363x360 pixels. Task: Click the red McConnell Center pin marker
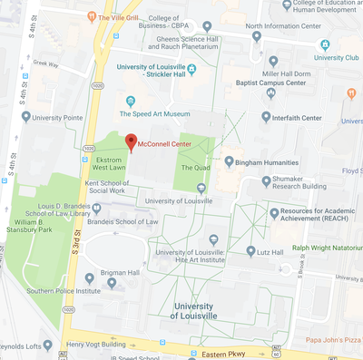coord(131,141)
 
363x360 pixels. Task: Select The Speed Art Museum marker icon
coord(131,101)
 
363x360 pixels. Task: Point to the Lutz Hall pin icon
coord(250,251)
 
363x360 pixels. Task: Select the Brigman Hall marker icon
coord(89,278)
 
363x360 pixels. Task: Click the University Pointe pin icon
coord(25,117)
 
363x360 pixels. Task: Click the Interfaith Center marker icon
coord(266,116)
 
